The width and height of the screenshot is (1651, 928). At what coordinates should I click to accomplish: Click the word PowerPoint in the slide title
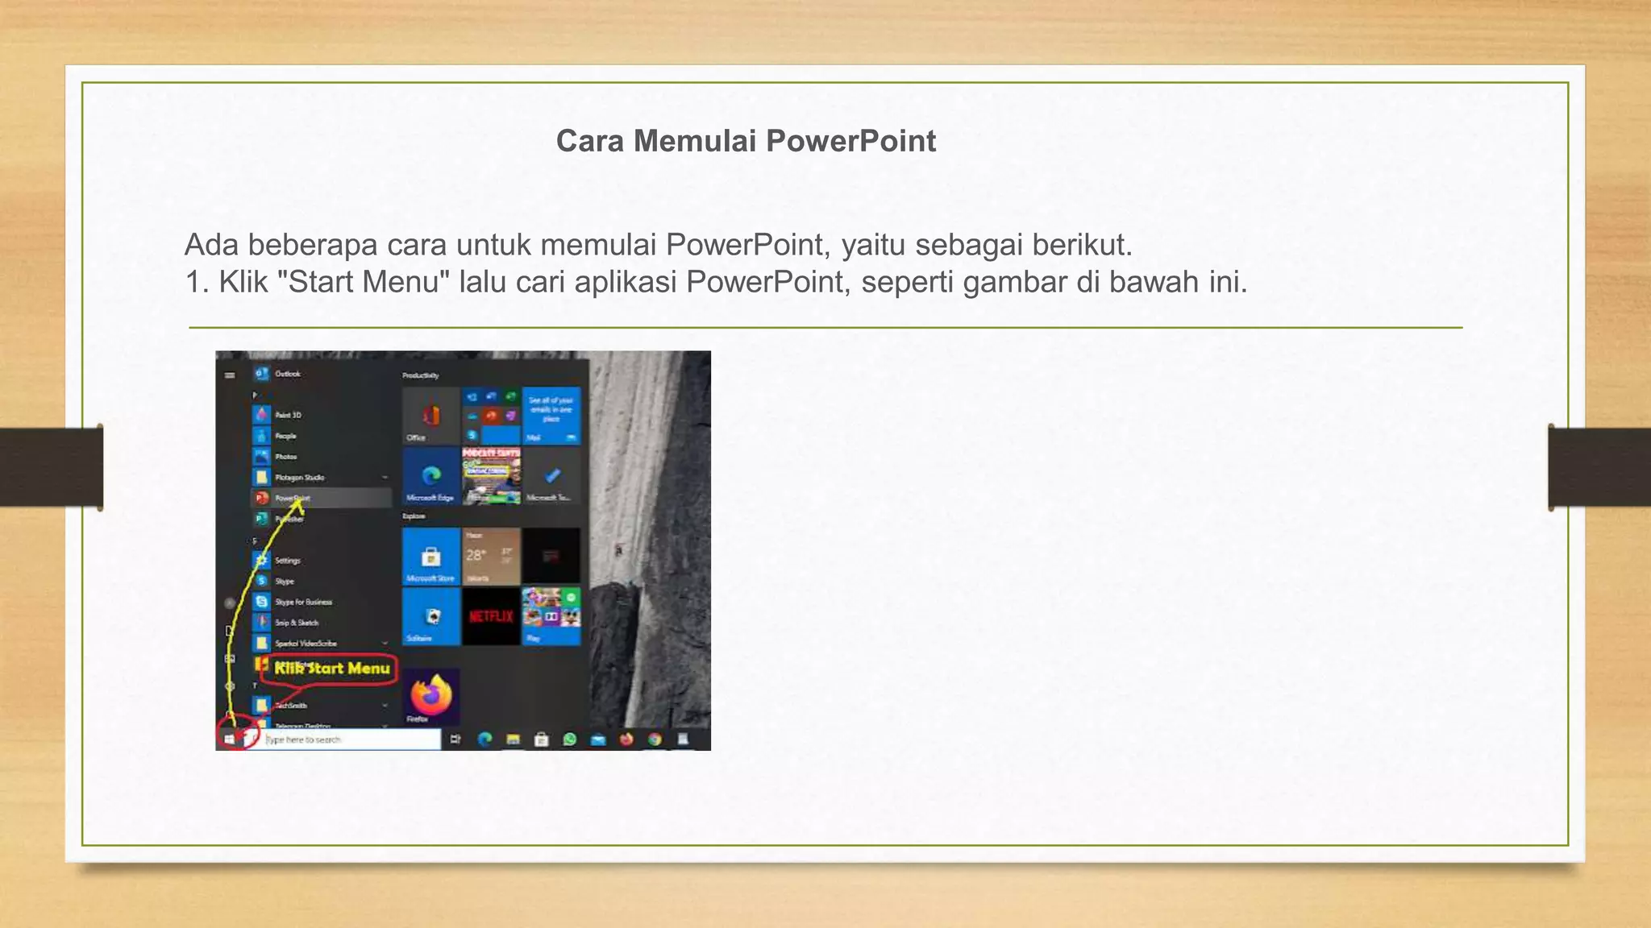click(850, 141)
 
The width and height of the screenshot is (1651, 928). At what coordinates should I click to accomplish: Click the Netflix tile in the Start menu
click(491, 616)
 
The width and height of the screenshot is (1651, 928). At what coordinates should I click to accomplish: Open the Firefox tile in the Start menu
click(431, 695)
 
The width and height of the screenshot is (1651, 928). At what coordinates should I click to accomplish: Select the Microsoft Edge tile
click(431, 476)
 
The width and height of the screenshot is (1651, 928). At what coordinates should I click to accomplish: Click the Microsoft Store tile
click(431, 556)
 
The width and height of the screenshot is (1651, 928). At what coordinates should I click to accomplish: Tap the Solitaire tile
click(431, 616)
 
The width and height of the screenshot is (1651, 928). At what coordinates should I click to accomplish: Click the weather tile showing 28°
click(491, 556)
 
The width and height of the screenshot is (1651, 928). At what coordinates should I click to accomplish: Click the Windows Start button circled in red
click(230, 739)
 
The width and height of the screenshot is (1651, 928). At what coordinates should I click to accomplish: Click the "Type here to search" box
click(351, 739)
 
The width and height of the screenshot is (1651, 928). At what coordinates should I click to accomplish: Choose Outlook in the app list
click(287, 374)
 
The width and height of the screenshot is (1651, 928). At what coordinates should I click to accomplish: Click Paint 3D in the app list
click(287, 415)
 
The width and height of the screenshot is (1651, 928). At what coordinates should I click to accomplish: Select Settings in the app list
click(287, 561)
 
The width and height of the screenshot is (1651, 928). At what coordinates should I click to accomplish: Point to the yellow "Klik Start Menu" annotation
click(331, 669)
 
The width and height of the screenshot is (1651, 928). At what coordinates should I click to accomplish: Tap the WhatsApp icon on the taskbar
click(570, 739)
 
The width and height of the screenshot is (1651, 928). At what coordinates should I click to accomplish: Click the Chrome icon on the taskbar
click(655, 739)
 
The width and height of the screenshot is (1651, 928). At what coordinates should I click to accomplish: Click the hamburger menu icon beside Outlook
click(230, 375)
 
